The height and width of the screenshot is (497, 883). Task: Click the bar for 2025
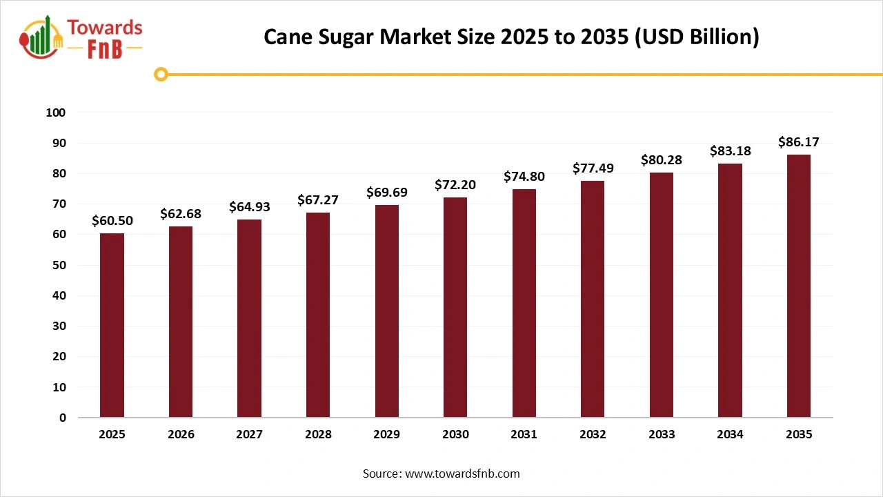pyautogui.click(x=112, y=325)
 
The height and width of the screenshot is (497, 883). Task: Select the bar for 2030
pyautogui.click(x=455, y=307)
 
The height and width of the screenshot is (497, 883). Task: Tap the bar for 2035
pyautogui.click(x=799, y=286)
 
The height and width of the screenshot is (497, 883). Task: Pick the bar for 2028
pyautogui.click(x=318, y=315)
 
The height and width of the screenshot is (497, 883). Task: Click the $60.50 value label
pyautogui.click(x=112, y=221)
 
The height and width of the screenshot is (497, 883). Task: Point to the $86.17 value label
pyautogui.click(x=799, y=142)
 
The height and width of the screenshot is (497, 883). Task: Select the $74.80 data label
pyautogui.click(x=524, y=177)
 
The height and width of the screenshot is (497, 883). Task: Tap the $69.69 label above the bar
pyautogui.click(x=386, y=192)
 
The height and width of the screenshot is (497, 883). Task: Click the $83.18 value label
pyautogui.click(x=730, y=151)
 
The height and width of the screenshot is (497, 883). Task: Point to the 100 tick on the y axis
pyautogui.click(x=56, y=113)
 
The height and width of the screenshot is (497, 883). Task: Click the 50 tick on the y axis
pyautogui.click(x=61, y=265)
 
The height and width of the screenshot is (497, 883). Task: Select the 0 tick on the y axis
pyautogui.click(x=63, y=418)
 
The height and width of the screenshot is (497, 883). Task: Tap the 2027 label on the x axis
pyautogui.click(x=249, y=434)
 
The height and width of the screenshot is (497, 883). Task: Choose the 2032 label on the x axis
pyautogui.click(x=593, y=434)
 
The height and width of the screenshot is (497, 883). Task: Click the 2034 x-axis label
pyautogui.click(x=730, y=434)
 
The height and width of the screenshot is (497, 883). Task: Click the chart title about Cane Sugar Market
pyautogui.click(x=511, y=37)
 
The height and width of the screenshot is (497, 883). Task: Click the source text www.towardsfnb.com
pyautogui.click(x=441, y=474)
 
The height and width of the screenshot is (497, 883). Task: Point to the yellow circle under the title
pyautogui.click(x=161, y=74)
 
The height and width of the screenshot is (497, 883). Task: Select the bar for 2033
pyautogui.click(x=662, y=295)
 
